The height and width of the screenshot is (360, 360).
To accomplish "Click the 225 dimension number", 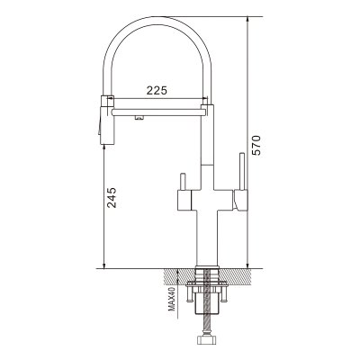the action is coord(157,90).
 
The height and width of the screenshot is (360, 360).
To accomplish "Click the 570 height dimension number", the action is coord(256,145).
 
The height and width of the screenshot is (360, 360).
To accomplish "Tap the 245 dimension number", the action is coord(112,198).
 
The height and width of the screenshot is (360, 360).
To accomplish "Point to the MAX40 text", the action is coord(172,300).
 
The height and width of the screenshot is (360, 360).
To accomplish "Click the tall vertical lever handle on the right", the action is coord(242,171).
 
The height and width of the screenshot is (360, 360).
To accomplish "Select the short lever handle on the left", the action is coord(183,182).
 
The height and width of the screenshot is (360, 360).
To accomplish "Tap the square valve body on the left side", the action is coord(184,200).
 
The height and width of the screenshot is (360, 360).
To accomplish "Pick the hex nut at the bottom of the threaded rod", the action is coord(206,339).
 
